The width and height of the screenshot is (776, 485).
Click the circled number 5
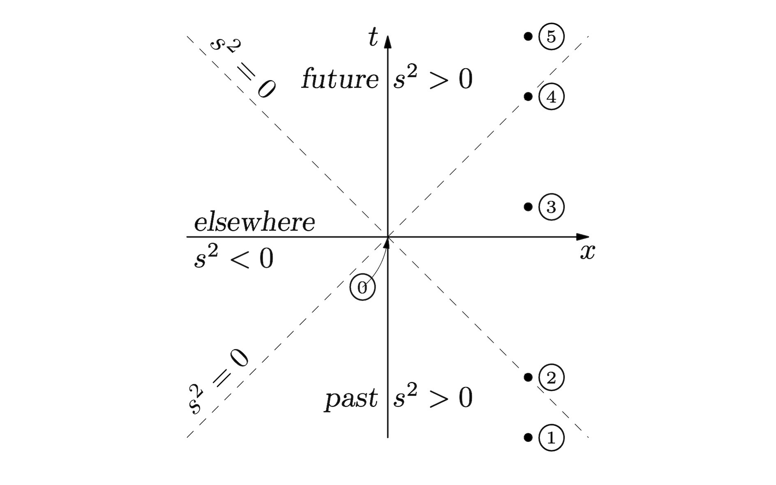(551, 37)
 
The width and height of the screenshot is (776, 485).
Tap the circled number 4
(551, 97)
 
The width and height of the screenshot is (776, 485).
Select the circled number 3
(551, 207)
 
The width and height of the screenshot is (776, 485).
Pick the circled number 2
(551, 378)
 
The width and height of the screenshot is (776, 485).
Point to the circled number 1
(551, 438)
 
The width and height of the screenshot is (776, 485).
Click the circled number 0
(363, 288)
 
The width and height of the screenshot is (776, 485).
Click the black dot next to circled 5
(528, 37)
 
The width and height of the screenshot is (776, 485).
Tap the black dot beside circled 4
(528, 97)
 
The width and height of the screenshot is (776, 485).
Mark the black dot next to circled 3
(528, 207)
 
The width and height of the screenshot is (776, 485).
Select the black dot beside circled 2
(528, 377)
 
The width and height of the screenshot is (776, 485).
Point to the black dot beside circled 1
(528, 437)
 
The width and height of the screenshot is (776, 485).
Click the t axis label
(373, 38)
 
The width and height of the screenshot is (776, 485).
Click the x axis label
(587, 252)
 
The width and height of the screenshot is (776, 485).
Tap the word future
(340, 79)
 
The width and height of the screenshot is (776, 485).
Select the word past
(351, 398)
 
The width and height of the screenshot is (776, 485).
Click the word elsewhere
(254, 223)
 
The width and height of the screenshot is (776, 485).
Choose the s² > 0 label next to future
(433, 79)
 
